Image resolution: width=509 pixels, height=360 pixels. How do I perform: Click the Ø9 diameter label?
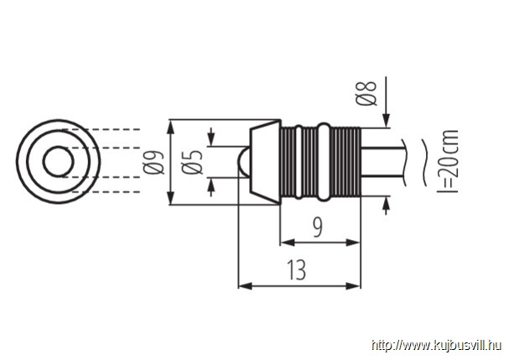coord(153,163)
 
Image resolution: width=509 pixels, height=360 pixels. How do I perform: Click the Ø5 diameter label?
coord(193,162)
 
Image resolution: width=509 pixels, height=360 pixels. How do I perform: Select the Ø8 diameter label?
coord(366,93)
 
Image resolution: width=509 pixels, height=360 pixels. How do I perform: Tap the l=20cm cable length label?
coord(448,161)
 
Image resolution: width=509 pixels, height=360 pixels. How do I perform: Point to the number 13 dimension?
coord(296,270)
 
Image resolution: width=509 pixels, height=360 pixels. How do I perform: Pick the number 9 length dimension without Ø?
coord(318,227)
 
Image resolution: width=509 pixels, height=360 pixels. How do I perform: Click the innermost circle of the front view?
coord(59,147)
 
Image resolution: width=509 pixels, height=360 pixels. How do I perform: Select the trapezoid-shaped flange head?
coord(265,162)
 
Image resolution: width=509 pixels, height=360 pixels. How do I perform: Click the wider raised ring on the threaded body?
coord(324,162)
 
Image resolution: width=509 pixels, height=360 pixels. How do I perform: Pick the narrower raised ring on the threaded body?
coord(299,162)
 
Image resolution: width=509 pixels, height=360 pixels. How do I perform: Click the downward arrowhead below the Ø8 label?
coord(386,121)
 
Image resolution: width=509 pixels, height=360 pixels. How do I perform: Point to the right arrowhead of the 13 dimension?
coord(354,286)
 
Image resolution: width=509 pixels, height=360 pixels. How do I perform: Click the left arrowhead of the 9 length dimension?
coord(288,243)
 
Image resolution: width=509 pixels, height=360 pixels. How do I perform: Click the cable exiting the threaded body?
coord(382,162)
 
